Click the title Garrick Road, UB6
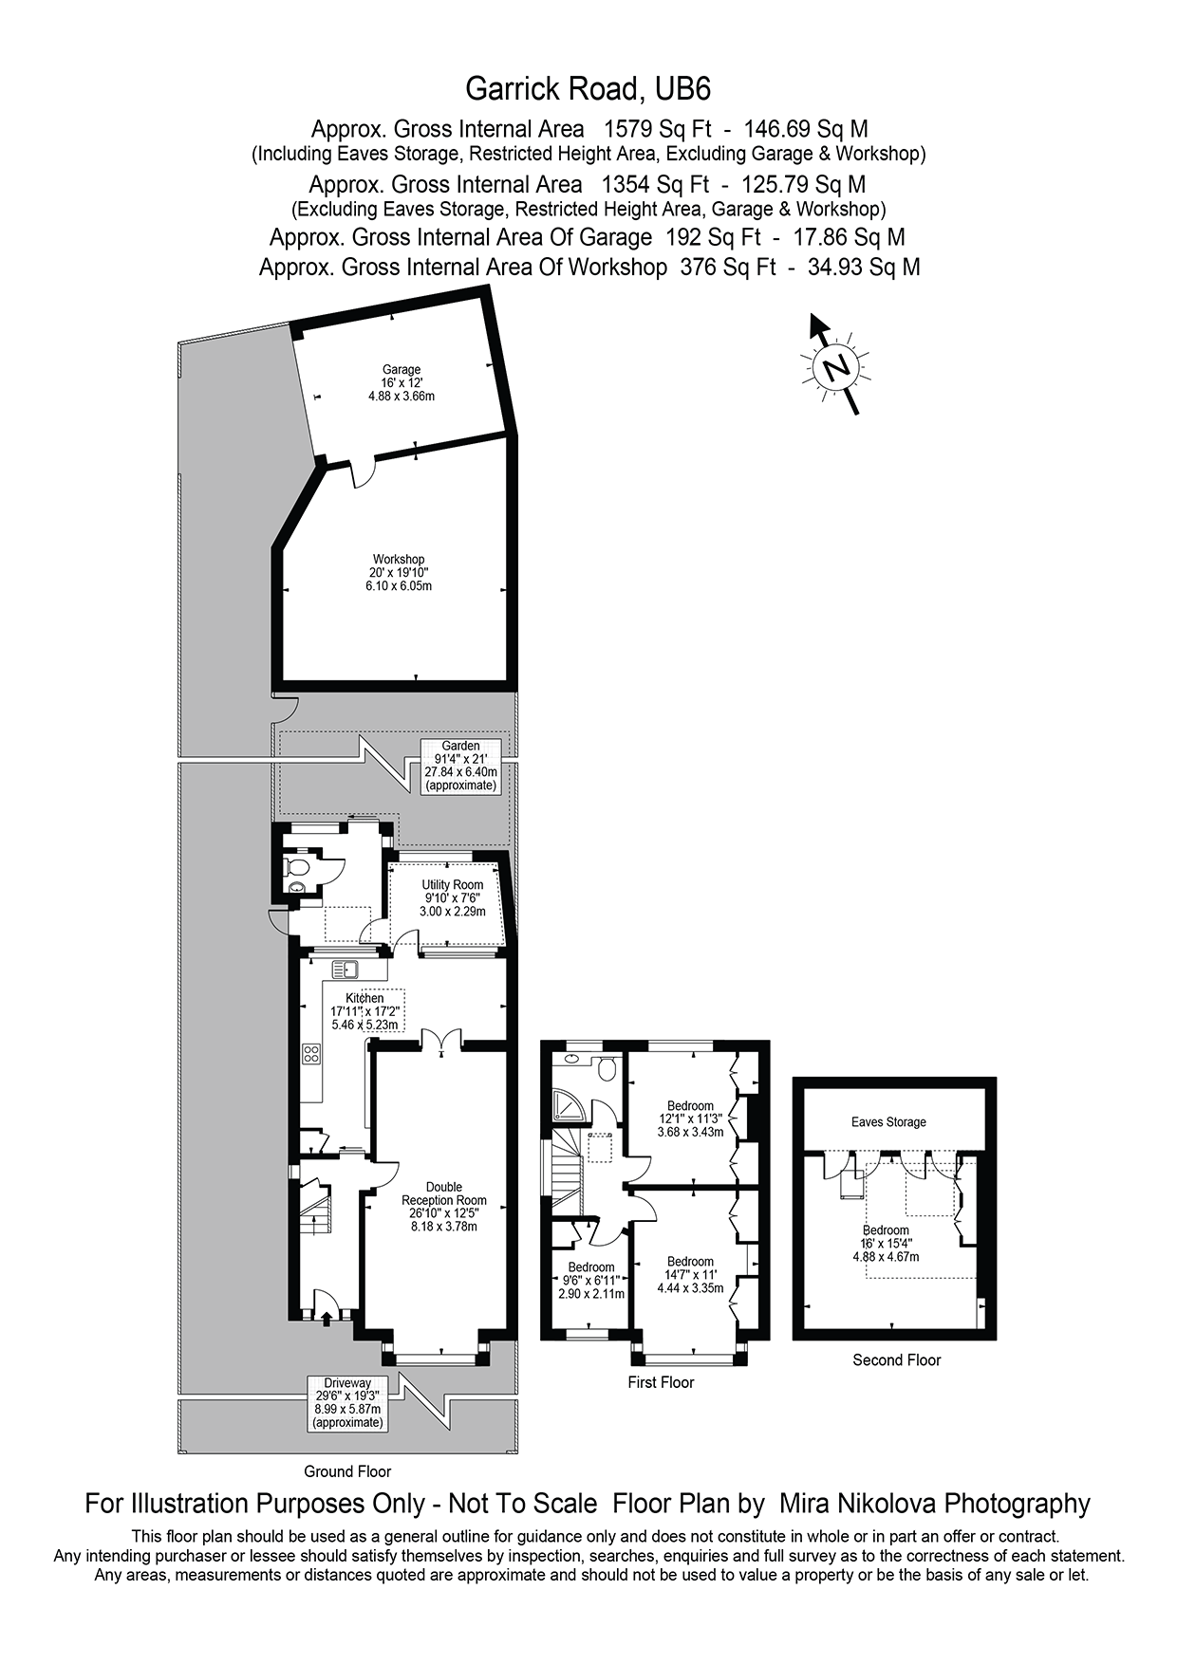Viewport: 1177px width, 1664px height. [588, 89]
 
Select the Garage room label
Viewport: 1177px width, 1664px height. [402, 382]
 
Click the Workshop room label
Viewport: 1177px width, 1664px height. [399, 572]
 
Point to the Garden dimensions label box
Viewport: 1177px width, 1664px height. [460, 766]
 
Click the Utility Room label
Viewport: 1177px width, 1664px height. [452, 897]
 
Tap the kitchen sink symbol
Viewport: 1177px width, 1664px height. [345, 970]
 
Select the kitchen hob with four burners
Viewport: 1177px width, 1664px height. [311, 1053]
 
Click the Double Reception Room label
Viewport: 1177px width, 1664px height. [443, 1206]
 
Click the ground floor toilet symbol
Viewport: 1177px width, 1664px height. [296, 867]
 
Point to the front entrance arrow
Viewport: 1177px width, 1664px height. [327, 1317]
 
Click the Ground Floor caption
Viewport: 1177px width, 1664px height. [347, 1471]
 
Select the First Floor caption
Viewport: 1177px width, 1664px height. [661, 1382]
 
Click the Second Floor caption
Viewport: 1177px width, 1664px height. [896, 1359]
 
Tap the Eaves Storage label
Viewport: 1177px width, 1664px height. [888, 1122]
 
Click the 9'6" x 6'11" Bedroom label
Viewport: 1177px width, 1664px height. [591, 1280]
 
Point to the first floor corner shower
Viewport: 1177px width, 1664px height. [569, 1104]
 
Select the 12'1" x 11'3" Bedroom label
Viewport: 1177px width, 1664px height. [690, 1119]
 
